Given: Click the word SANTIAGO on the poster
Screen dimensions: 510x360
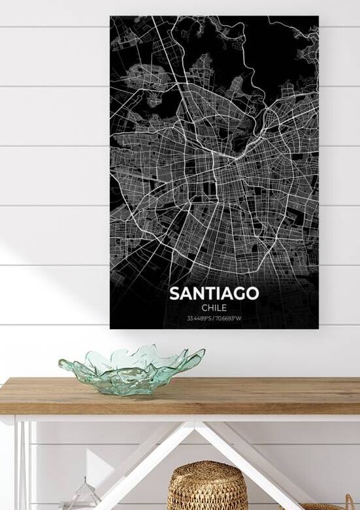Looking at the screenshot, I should point(214,293).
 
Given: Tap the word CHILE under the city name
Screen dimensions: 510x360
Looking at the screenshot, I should point(214,308).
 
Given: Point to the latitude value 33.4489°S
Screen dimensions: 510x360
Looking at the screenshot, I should point(200,319).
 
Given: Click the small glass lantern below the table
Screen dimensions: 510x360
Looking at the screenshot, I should point(86,496).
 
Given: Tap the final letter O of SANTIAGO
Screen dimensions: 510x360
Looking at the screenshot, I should point(252,293).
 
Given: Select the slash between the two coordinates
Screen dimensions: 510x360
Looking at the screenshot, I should point(214,319).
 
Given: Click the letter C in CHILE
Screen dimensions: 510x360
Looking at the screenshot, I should point(204,308).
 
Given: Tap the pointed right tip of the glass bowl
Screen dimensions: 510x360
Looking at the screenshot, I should point(202,353).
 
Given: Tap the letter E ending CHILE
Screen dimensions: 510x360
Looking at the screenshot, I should point(225,308).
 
